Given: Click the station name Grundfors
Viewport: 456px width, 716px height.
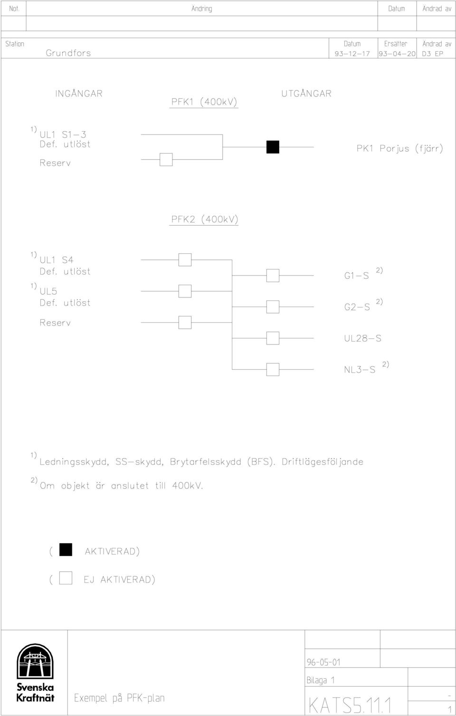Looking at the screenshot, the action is click(68, 53).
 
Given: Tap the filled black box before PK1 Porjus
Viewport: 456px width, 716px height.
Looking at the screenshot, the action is click(273, 147).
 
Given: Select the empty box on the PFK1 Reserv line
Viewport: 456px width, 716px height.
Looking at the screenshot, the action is click(166, 160).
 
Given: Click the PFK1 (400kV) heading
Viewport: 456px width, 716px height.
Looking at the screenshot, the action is click(204, 102).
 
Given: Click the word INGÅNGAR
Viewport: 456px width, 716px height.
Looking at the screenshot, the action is click(79, 93).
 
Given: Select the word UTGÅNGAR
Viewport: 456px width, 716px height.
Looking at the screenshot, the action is click(306, 93).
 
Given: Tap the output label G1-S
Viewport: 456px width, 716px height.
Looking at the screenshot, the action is click(356, 276).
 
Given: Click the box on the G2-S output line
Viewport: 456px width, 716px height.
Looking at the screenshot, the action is click(273, 307).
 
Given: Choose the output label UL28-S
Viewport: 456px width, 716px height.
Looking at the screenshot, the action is click(362, 338).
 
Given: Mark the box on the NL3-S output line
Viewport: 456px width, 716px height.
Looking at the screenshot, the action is click(273, 370).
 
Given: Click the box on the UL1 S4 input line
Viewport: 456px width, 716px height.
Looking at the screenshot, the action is click(185, 260).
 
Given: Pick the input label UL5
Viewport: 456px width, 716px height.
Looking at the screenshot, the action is click(48, 291).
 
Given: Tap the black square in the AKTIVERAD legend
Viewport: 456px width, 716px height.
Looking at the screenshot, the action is click(66, 550).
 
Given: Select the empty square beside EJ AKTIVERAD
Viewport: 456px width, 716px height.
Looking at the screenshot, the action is click(66, 578).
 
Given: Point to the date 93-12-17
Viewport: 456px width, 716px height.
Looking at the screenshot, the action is click(352, 54).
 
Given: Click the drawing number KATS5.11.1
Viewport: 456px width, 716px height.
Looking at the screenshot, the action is click(350, 705).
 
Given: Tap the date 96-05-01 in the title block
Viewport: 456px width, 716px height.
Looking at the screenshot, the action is click(323, 662).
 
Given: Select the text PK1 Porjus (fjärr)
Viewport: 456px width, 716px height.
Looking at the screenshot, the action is click(400, 148).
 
